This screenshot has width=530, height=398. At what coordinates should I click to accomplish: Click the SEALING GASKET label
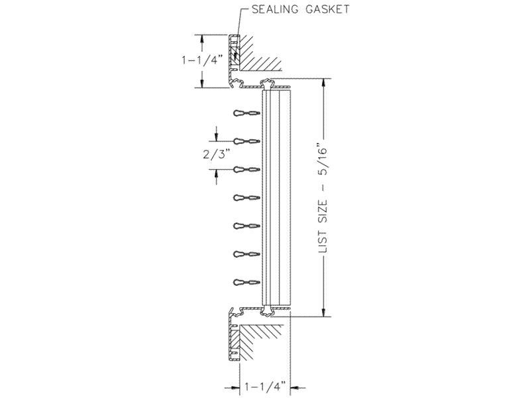[301, 9]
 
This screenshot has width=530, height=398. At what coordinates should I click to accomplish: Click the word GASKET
[327, 9]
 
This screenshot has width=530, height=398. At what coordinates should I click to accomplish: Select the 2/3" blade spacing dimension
[217, 155]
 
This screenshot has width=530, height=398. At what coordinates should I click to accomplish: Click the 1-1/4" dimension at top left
[203, 60]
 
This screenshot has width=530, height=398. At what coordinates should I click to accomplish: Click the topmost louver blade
[246, 113]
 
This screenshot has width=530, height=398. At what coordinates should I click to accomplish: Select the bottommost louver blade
[246, 282]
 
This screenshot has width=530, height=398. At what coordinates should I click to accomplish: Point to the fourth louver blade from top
[246, 198]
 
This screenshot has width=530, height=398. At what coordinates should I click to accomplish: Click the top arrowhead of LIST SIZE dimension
[324, 83]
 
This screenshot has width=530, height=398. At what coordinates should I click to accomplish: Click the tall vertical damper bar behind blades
[276, 198]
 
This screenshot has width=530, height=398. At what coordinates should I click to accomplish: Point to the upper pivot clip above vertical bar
[267, 84]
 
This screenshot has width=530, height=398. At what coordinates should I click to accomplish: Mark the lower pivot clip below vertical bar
[267, 311]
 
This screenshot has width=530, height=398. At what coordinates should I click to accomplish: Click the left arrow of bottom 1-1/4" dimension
[233, 387]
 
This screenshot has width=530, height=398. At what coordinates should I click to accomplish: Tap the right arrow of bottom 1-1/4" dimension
[298, 387]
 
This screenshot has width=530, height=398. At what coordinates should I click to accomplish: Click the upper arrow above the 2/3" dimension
[217, 133]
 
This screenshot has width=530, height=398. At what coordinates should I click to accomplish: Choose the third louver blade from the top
[246, 170]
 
